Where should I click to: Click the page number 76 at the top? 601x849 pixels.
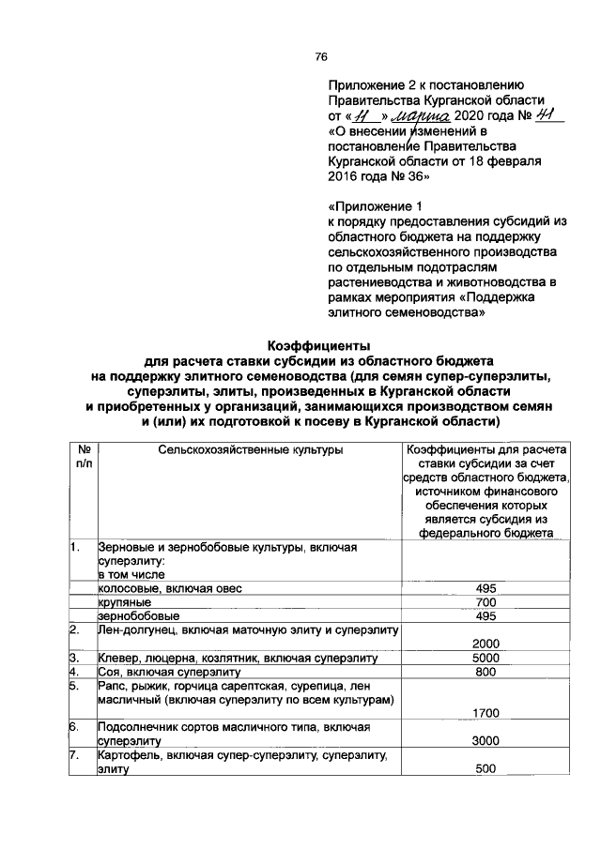tap(320, 57)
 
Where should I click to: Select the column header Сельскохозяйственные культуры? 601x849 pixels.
tap(251, 449)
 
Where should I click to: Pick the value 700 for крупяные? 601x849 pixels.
tap(485, 601)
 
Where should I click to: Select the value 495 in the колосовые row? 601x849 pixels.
tap(485, 587)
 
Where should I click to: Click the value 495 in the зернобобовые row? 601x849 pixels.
tap(485, 615)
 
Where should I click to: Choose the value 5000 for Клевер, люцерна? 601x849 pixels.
tap(485, 658)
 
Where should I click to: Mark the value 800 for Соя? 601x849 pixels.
tap(485, 672)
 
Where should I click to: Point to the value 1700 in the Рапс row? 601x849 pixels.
tap(485, 713)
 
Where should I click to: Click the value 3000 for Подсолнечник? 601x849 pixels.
tap(485, 740)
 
